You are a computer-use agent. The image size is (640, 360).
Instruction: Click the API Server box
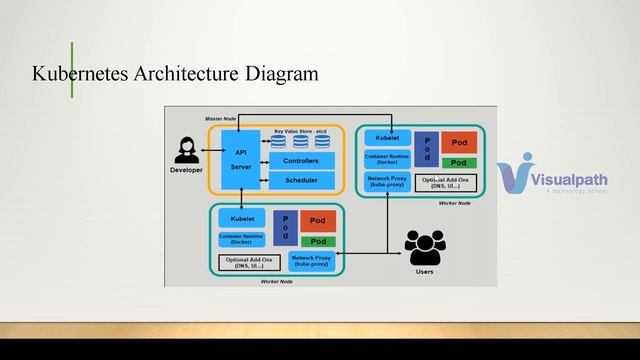(x=240, y=159)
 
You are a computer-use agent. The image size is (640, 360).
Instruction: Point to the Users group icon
(x=424, y=248)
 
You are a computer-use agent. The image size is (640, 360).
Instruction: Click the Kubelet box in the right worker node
(x=387, y=138)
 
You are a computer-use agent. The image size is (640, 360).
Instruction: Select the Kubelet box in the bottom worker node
(x=241, y=217)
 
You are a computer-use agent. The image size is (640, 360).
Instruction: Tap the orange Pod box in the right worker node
(x=458, y=143)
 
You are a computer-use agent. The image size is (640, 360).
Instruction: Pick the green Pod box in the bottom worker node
(x=317, y=241)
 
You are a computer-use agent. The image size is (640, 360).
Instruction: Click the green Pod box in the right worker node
(x=458, y=162)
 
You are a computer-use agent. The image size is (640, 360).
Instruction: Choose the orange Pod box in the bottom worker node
(x=317, y=220)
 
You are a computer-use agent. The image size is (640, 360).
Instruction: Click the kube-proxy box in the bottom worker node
(x=312, y=260)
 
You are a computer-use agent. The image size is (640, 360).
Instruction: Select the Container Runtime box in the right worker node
(x=387, y=159)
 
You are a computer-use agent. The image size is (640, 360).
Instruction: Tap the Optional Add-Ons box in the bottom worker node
(x=249, y=262)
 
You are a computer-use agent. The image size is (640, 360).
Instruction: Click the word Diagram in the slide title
(x=284, y=74)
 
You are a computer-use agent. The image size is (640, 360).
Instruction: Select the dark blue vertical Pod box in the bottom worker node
(x=284, y=229)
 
